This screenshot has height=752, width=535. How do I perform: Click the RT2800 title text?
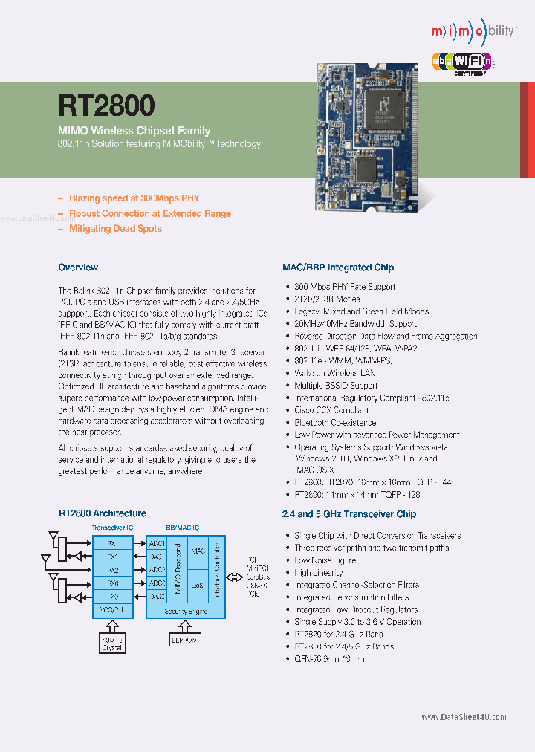click(106, 105)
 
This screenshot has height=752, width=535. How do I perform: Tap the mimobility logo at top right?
click(473, 32)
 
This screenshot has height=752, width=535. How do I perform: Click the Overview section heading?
click(78, 268)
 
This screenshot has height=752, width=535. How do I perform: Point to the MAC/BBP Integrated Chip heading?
click(338, 268)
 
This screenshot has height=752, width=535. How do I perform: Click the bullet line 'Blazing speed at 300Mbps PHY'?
click(134, 198)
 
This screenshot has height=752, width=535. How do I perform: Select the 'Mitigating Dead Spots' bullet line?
click(115, 229)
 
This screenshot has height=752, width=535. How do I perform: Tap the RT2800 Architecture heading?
click(103, 513)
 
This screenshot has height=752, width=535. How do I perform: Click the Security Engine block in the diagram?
click(185, 611)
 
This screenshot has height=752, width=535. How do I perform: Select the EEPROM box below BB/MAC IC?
click(185, 638)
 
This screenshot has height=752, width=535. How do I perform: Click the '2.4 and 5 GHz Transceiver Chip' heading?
click(349, 514)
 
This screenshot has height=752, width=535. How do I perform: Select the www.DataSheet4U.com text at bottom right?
click(464, 717)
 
